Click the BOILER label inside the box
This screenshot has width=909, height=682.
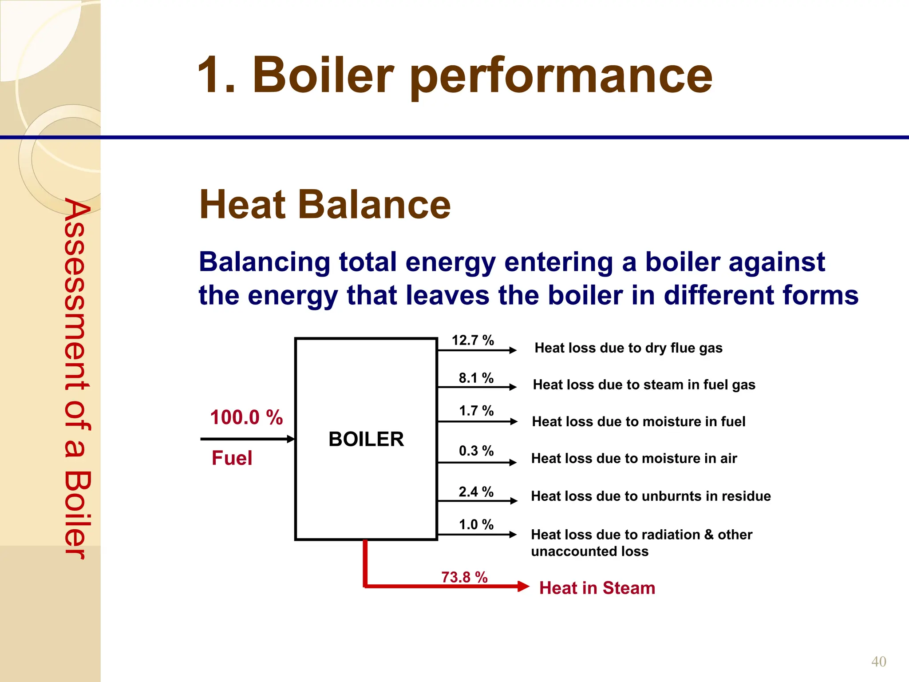[366, 439]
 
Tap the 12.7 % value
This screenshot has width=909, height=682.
[473, 341]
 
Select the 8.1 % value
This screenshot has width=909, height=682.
[476, 378]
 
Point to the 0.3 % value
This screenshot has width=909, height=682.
[476, 451]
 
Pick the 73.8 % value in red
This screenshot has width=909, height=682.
[464, 577]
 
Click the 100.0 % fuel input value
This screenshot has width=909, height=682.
[246, 417]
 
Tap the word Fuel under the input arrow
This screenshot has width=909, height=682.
[232, 458]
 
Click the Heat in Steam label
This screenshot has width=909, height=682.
[597, 588]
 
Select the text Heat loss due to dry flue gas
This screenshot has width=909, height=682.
[628, 348]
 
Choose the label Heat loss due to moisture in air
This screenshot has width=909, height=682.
[634, 458]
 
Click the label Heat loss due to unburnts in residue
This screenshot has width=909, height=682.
[651, 496]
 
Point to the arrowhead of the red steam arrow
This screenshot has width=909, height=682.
[524, 587]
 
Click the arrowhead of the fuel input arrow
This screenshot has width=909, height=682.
[291, 439]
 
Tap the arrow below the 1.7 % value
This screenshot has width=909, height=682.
[477, 421]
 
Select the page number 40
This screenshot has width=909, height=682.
[878, 662]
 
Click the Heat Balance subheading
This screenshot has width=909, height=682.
[325, 205]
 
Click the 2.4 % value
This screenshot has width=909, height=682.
[476, 492]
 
